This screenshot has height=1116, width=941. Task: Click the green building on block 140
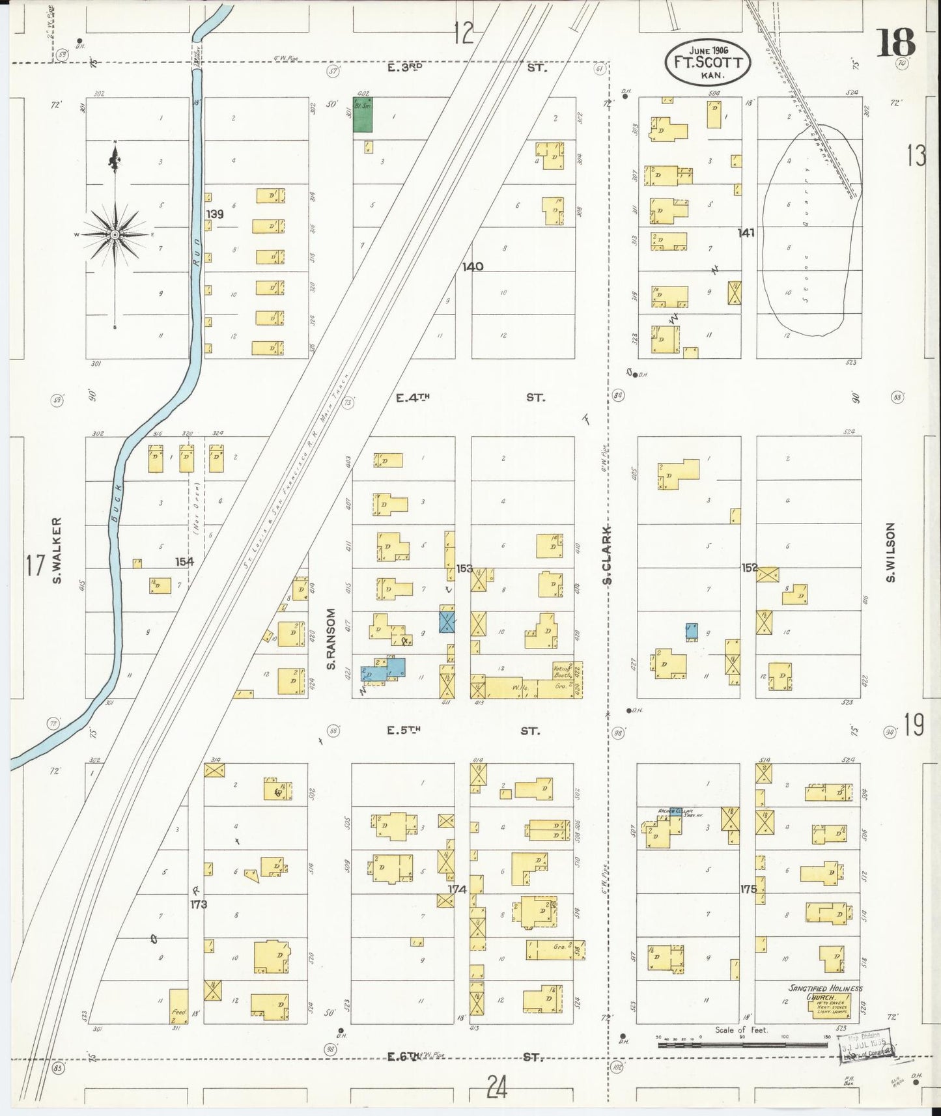point(363,115)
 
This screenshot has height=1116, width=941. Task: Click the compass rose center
point(115,234)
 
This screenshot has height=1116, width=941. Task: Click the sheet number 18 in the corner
point(895,42)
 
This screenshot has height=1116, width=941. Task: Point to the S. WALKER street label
point(57,550)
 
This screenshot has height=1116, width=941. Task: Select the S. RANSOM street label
point(331,639)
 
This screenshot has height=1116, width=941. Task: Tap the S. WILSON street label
point(891,552)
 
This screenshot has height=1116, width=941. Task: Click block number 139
point(215,214)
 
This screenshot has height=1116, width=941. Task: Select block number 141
point(746,232)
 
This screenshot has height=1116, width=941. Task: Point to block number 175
point(748,889)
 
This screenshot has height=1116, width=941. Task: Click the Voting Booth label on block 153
point(563,671)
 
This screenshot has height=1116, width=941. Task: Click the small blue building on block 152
point(691,630)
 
